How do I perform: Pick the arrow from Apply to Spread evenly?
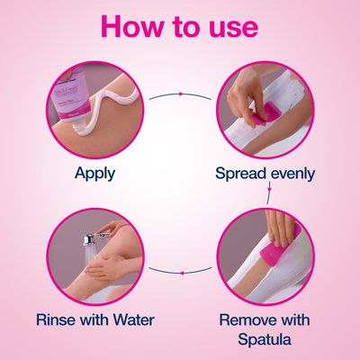(x=181, y=93)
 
